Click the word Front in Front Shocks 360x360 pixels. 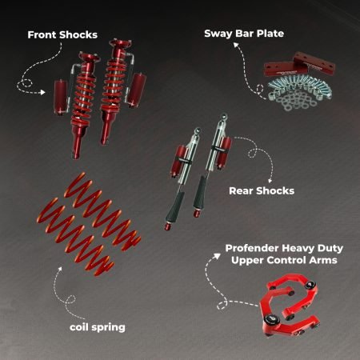coord(42,35)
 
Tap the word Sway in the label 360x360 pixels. coord(217,34)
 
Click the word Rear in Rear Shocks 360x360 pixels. coord(241,191)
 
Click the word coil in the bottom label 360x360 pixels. coord(78,327)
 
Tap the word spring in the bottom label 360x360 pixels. coord(108,328)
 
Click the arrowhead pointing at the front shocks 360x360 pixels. coord(42,92)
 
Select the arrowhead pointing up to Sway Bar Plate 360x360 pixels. coord(236,45)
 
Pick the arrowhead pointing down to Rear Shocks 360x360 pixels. coord(270,180)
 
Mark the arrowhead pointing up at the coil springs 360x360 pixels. coord(60,269)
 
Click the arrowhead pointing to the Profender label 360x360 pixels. coord(218,256)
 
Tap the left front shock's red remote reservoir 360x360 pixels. coord(61,97)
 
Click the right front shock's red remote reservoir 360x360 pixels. coord(136,90)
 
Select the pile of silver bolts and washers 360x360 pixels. coord(299,92)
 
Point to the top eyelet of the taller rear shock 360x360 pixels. coord(224,117)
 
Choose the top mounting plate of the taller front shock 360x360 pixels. coord(121,43)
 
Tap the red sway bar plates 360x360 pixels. coord(300,66)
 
